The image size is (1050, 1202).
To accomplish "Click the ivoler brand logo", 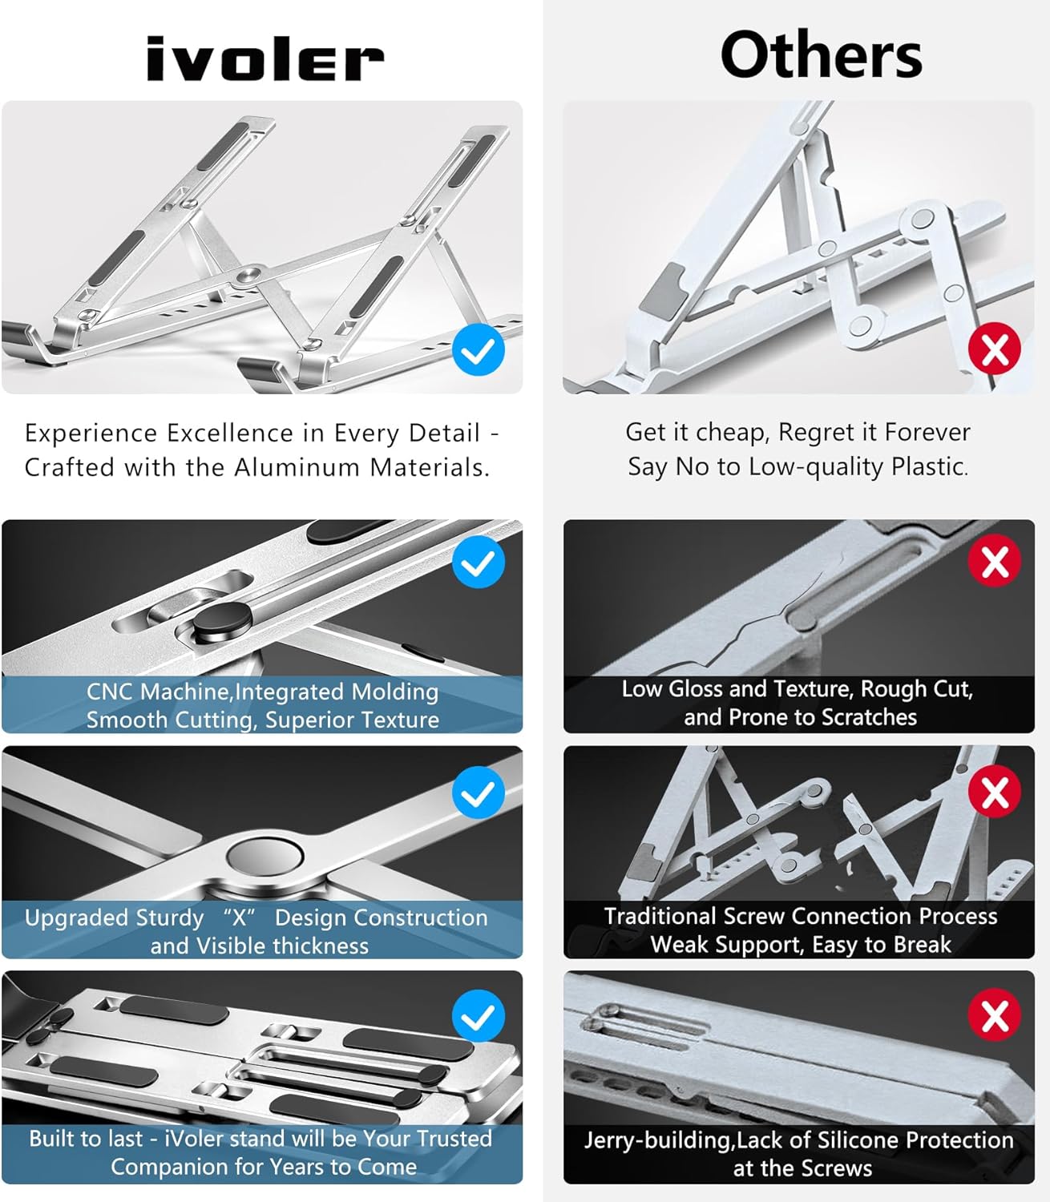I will coord(265,59).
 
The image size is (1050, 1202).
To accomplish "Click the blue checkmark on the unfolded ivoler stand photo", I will coord(479,350).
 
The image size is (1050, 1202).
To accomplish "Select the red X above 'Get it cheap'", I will coord(994,349).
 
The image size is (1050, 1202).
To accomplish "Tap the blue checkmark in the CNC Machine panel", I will coord(479,563).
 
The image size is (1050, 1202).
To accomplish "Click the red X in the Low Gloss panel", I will coord(994,561).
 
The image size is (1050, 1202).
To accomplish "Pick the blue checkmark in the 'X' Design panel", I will coord(479,792).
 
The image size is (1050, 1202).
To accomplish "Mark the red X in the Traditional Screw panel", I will coord(994,792).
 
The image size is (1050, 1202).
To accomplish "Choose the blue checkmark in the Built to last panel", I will coord(479,1016).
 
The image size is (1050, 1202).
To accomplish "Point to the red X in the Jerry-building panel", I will coord(994,1014).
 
